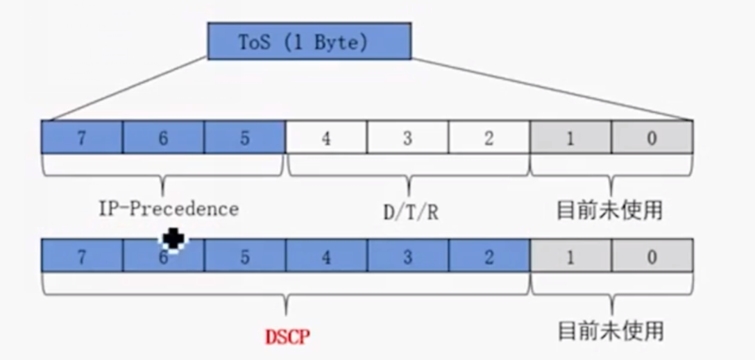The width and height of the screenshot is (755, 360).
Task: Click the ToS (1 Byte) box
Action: (x=309, y=42)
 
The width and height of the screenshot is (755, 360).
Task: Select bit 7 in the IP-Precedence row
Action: (x=82, y=137)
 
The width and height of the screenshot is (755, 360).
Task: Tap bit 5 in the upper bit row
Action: (x=244, y=137)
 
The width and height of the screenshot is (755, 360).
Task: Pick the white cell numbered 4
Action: (x=326, y=137)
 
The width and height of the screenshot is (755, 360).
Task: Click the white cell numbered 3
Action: (x=407, y=137)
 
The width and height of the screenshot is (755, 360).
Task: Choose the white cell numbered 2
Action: (x=489, y=137)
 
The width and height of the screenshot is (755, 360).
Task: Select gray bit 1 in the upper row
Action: (x=570, y=137)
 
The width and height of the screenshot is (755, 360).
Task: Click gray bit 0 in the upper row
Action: (x=652, y=137)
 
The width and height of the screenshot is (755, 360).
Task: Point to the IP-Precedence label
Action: (x=168, y=209)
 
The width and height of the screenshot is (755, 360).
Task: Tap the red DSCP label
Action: (x=287, y=337)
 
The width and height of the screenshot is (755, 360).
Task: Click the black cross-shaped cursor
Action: (x=173, y=240)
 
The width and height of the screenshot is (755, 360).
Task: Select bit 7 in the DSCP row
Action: (x=82, y=256)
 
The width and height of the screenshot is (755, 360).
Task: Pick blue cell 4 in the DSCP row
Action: (x=326, y=256)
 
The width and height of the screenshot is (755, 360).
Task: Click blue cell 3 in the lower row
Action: (x=407, y=256)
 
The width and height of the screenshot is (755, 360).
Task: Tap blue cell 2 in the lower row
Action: (x=489, y=256)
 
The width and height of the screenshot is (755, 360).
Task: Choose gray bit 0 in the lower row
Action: (x=652, y=256)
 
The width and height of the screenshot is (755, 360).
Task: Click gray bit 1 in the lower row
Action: (x=570, y=256)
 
